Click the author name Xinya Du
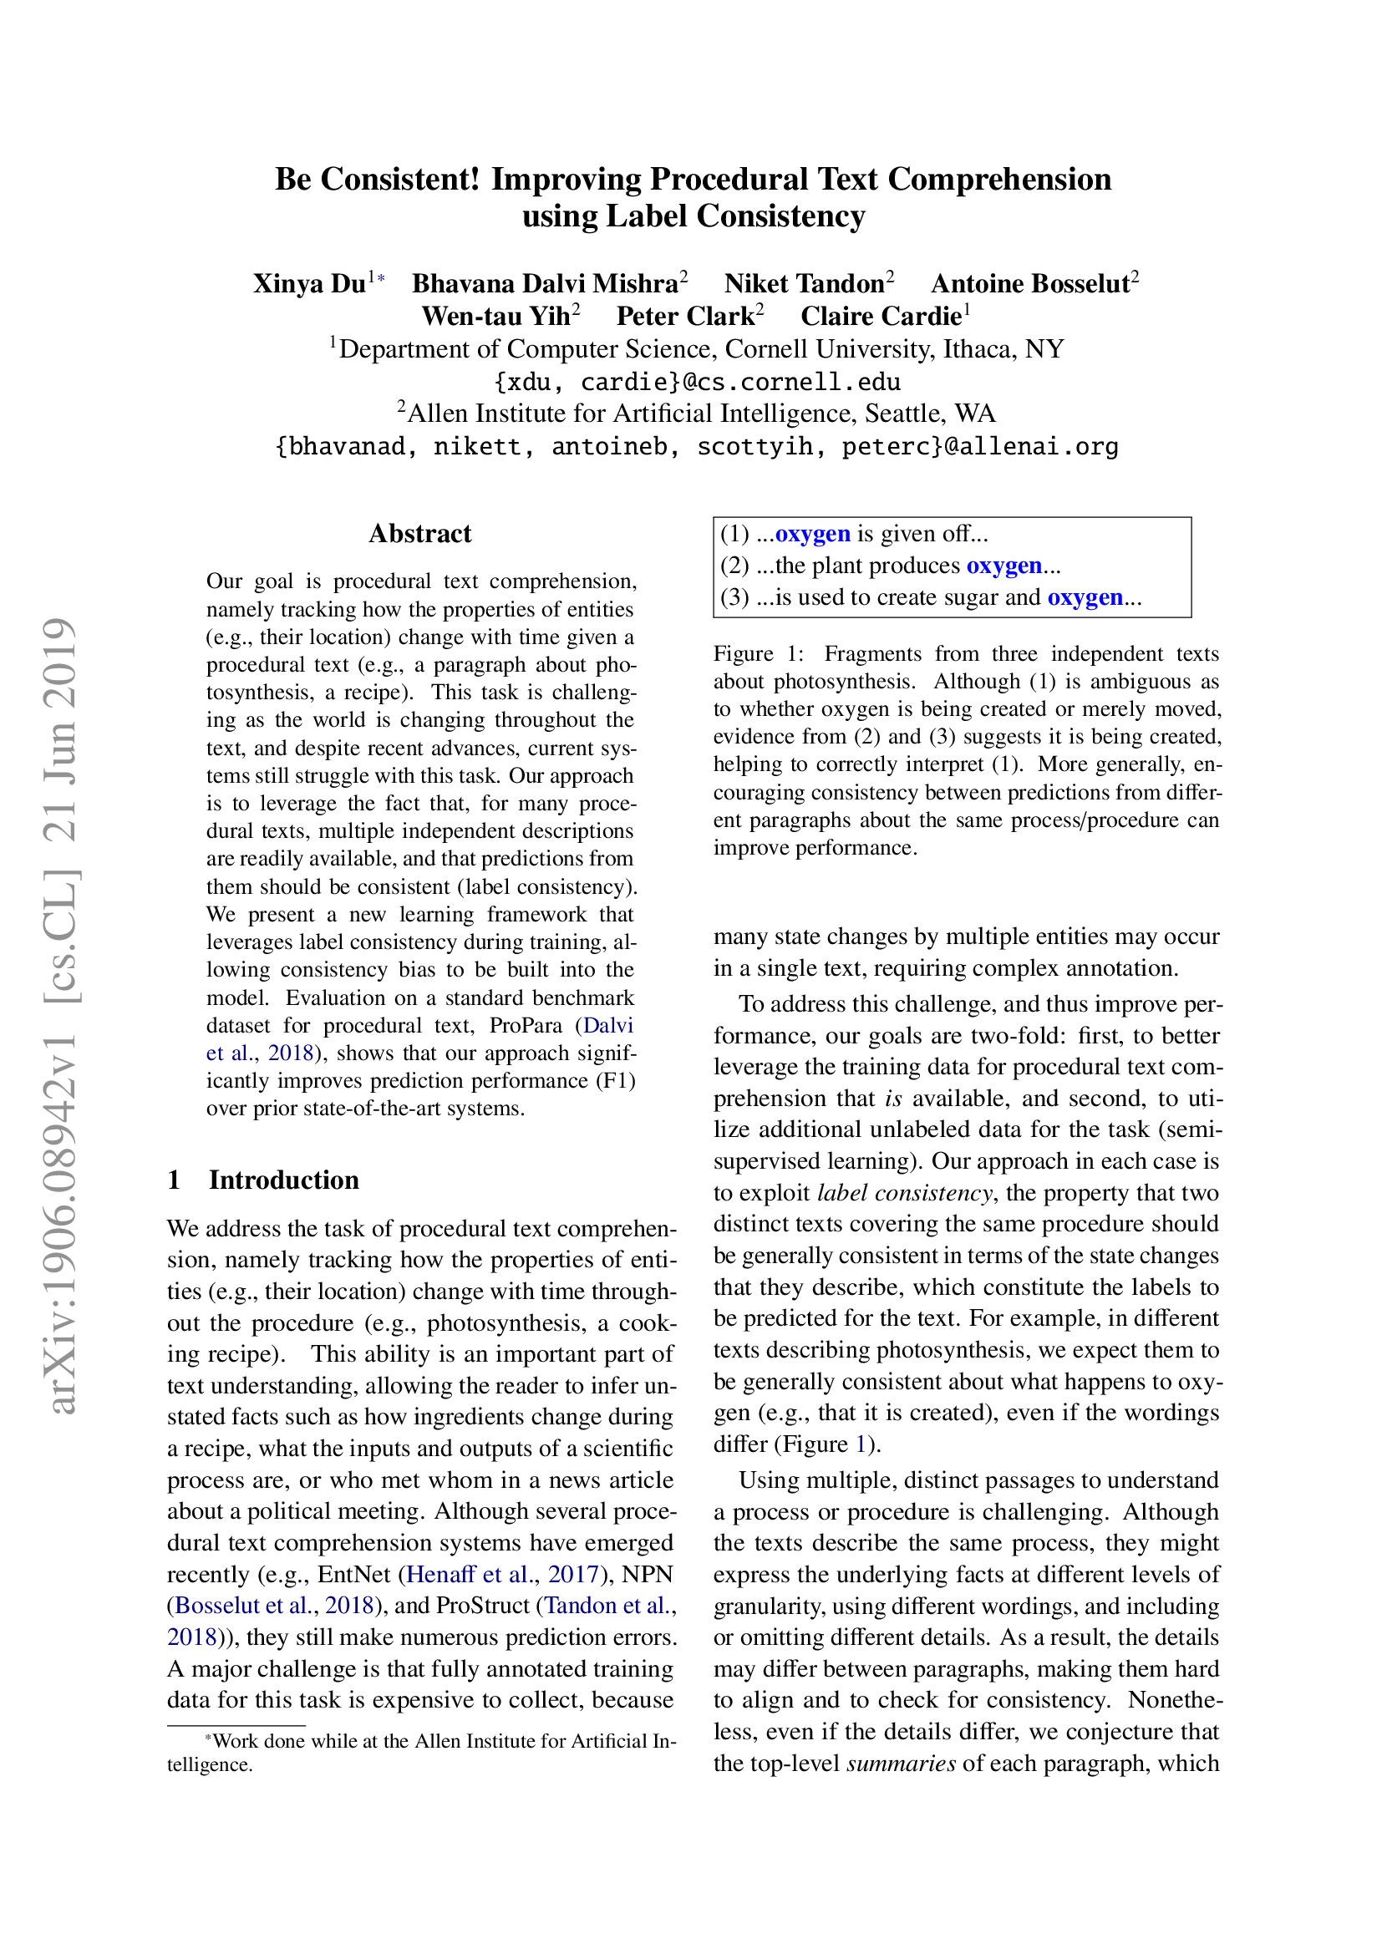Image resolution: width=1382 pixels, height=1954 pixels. pos(309,283)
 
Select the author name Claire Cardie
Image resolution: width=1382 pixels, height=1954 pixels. pos(880,317)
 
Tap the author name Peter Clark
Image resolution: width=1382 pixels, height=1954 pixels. pos(685,317)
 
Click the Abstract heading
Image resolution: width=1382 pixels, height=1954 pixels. pos(419,534)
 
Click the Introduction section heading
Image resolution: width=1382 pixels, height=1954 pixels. pos(283,1180)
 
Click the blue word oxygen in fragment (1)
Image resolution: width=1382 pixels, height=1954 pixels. pos(812,534)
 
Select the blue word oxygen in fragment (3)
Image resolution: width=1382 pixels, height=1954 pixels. pos(1085,597)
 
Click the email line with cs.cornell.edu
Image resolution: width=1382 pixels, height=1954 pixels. pos(696,381)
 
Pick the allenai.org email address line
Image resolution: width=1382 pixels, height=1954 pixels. pos(696,446)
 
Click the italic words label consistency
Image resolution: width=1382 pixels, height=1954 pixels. pos(904,1192)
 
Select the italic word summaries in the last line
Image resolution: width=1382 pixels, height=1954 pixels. pos(901,1763)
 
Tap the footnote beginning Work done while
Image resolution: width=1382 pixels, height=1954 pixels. pos(421,1741)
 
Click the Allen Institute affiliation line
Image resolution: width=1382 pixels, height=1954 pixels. pos(696,414)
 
